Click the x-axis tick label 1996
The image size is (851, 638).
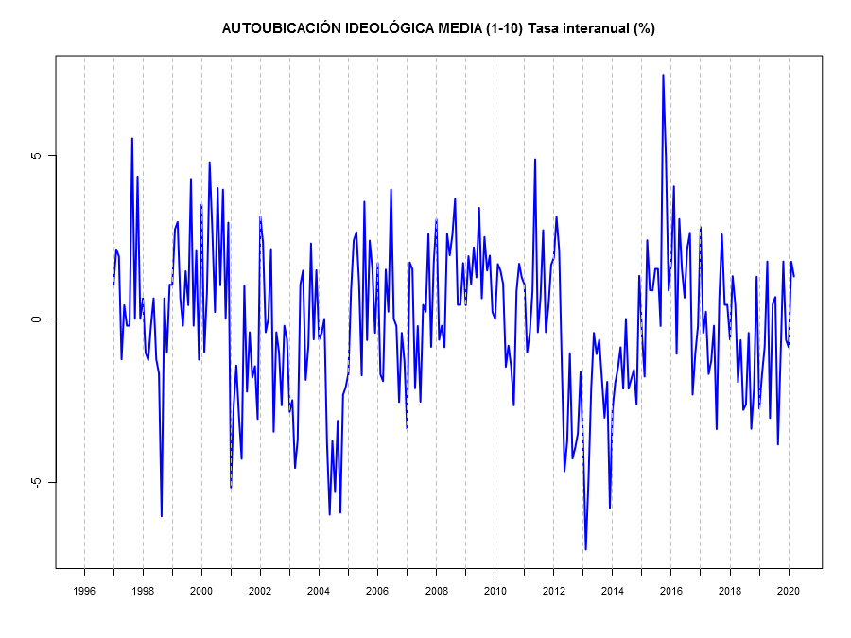tap(84, 591)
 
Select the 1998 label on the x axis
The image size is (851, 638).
tap(143, 591)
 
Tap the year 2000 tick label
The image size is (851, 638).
tap(201, 591)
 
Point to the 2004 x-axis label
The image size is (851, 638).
tap(319, 591)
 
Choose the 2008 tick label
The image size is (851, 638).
tap(436, 591)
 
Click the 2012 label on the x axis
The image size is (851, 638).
tap(553, 591)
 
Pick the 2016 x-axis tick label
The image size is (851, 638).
tap(670, 591)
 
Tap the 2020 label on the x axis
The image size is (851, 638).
tap(788, 591)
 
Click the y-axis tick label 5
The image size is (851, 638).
tap(37, 155)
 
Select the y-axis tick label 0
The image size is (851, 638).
tap(37, 319)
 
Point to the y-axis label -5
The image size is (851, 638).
tap(36, 482)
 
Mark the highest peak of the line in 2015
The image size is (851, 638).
tap(663, 75)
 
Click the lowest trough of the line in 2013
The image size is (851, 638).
tap(585, 549)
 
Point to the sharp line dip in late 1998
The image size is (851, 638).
tap(162, 516)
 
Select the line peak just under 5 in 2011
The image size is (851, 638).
tap(534, 159)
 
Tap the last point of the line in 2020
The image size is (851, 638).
tap(794, 276)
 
